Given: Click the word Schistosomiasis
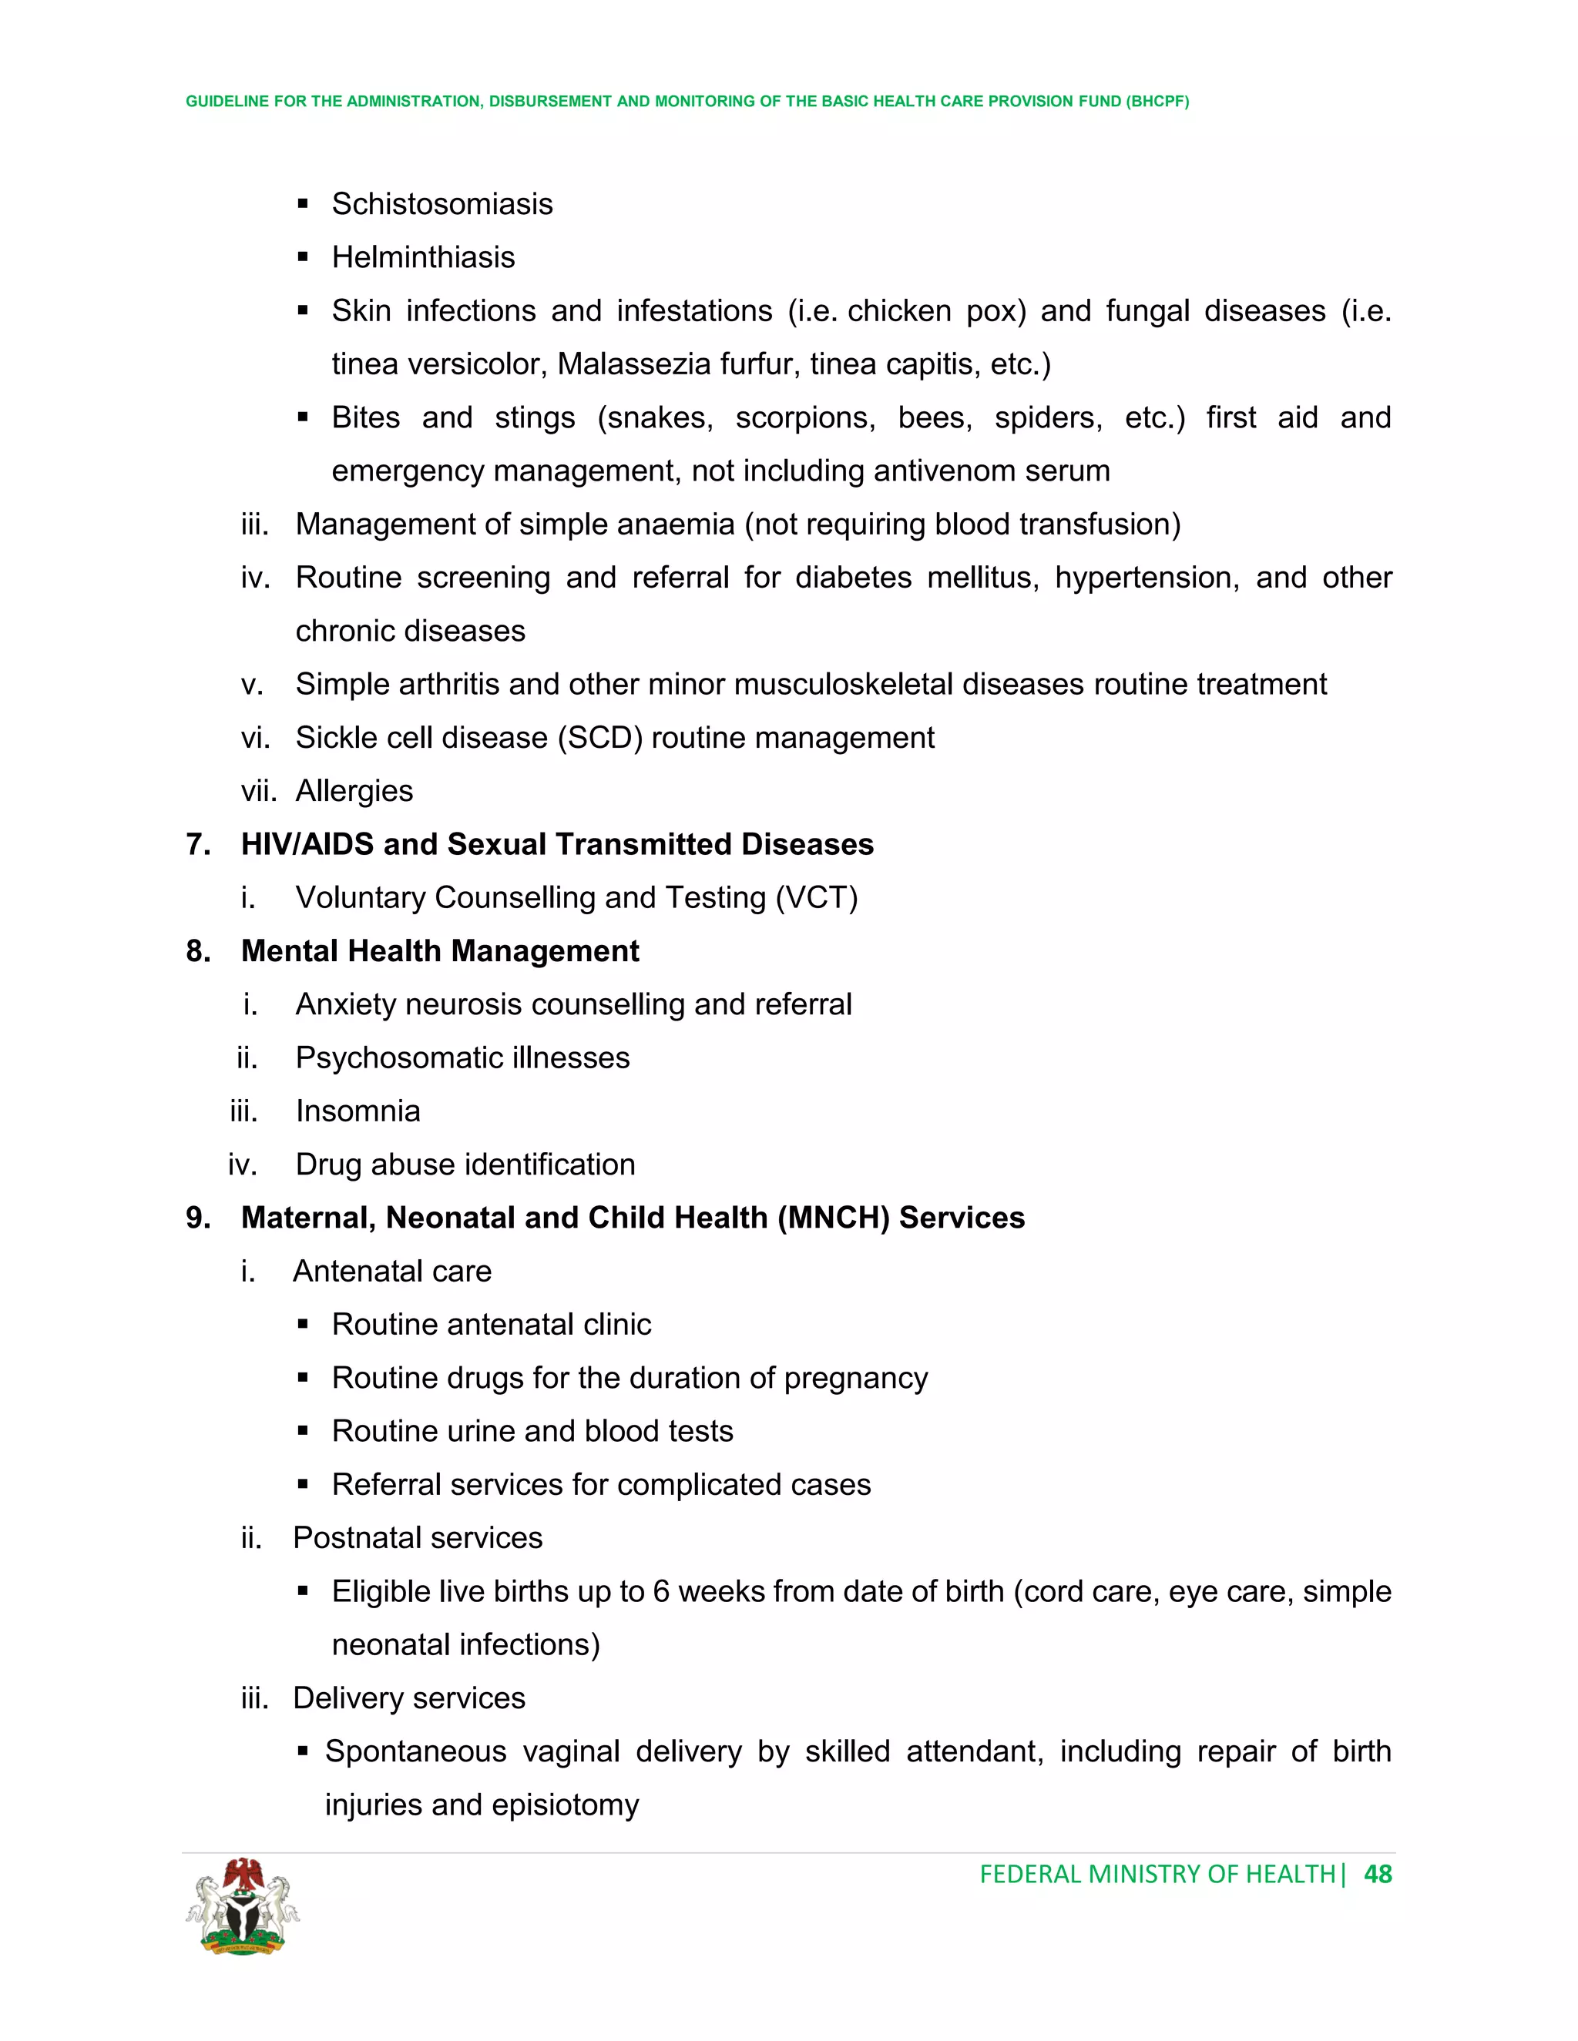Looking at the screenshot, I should pyautogui.click(x=442, y=204).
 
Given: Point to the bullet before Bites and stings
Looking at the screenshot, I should pyautogui.click(x=303, y=417).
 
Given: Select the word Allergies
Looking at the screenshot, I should pyautogui.click(x=354, y=791).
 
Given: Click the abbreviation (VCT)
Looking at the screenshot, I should pyautogui.click(x=817, y=897).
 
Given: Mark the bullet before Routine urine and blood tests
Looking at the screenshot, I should pyautogui.click(x=303, y=1431).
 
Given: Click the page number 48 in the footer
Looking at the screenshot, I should pyautogui.click(x=1378, y=1874).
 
